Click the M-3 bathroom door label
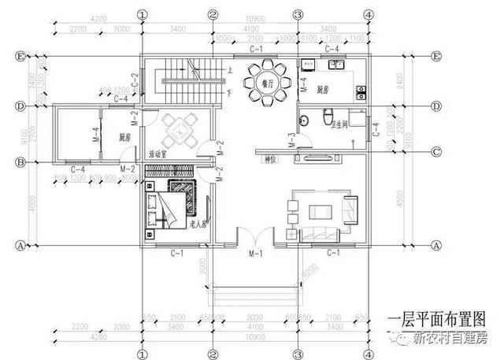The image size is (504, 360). coord(292,140)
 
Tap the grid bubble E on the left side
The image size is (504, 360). coord(21,57)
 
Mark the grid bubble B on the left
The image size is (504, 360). coord(21,163)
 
